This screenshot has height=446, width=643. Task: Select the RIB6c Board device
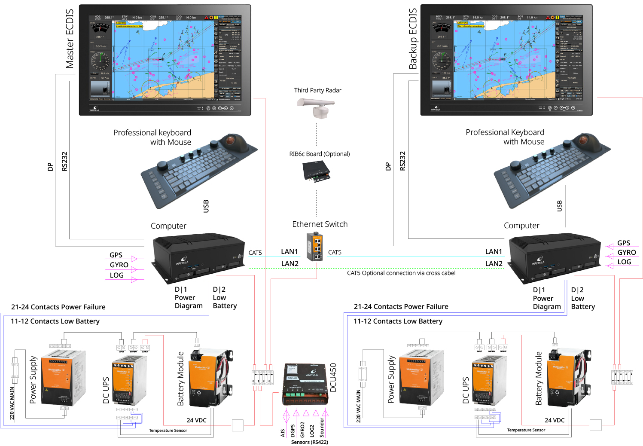click(316, 171)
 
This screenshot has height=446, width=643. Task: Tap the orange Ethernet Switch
click(315, 246)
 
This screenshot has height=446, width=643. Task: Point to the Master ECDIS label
click(70, 39)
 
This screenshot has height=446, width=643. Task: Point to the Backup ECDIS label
click(413, 39)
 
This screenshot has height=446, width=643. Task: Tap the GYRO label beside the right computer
click(626, 253)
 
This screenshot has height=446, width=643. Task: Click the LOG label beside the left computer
click(116, 275)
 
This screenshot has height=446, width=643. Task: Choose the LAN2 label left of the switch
click(290, 264)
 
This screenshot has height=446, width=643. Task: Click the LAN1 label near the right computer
click(494, 252)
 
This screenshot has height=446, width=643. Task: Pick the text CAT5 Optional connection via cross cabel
click(401, 273)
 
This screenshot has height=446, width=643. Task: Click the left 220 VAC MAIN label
click(12, 403)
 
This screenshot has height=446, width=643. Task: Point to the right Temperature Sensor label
click(526, 430)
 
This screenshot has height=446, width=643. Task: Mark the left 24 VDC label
click(196, 420)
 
